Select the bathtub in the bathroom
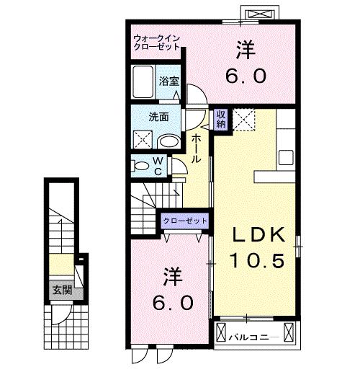(143, 80)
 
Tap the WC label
(156, 166)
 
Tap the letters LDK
(258, 234)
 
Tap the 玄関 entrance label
(61, 291)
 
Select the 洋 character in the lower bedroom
(171, 275)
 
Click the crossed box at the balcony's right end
(289, 334)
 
